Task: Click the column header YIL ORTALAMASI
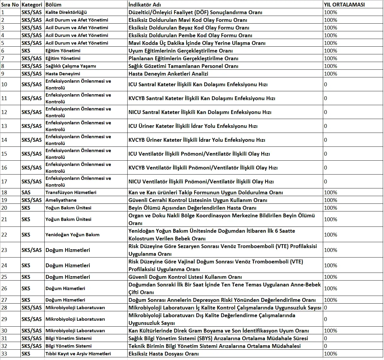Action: coord(344,5)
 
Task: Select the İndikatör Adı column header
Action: coord(145,5)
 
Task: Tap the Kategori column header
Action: coord(32,5)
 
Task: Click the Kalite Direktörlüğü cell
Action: coord(66,12)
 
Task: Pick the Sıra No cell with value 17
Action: coord(4,182)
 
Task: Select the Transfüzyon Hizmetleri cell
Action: coord(71,193)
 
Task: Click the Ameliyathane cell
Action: coord(61,200)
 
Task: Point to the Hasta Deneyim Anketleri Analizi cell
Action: coord(168,74)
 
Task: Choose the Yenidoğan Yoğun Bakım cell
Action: coord(72,235)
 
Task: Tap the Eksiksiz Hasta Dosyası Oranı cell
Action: coord(164,354)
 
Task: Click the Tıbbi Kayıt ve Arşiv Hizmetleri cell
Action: coord(78,354)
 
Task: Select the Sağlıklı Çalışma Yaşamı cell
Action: coord(71,66)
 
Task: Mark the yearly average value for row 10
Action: coord(326,84)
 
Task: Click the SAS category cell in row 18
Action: coord(26,193)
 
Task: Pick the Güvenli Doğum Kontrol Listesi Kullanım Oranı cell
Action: coord(185,277)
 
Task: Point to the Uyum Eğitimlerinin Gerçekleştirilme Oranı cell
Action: coord(180,51)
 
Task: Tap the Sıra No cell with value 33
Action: coord(4,354)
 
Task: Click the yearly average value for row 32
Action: coord(326,346)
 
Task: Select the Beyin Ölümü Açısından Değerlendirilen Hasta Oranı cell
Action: coord(192,208)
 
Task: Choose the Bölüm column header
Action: coord(53,5)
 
